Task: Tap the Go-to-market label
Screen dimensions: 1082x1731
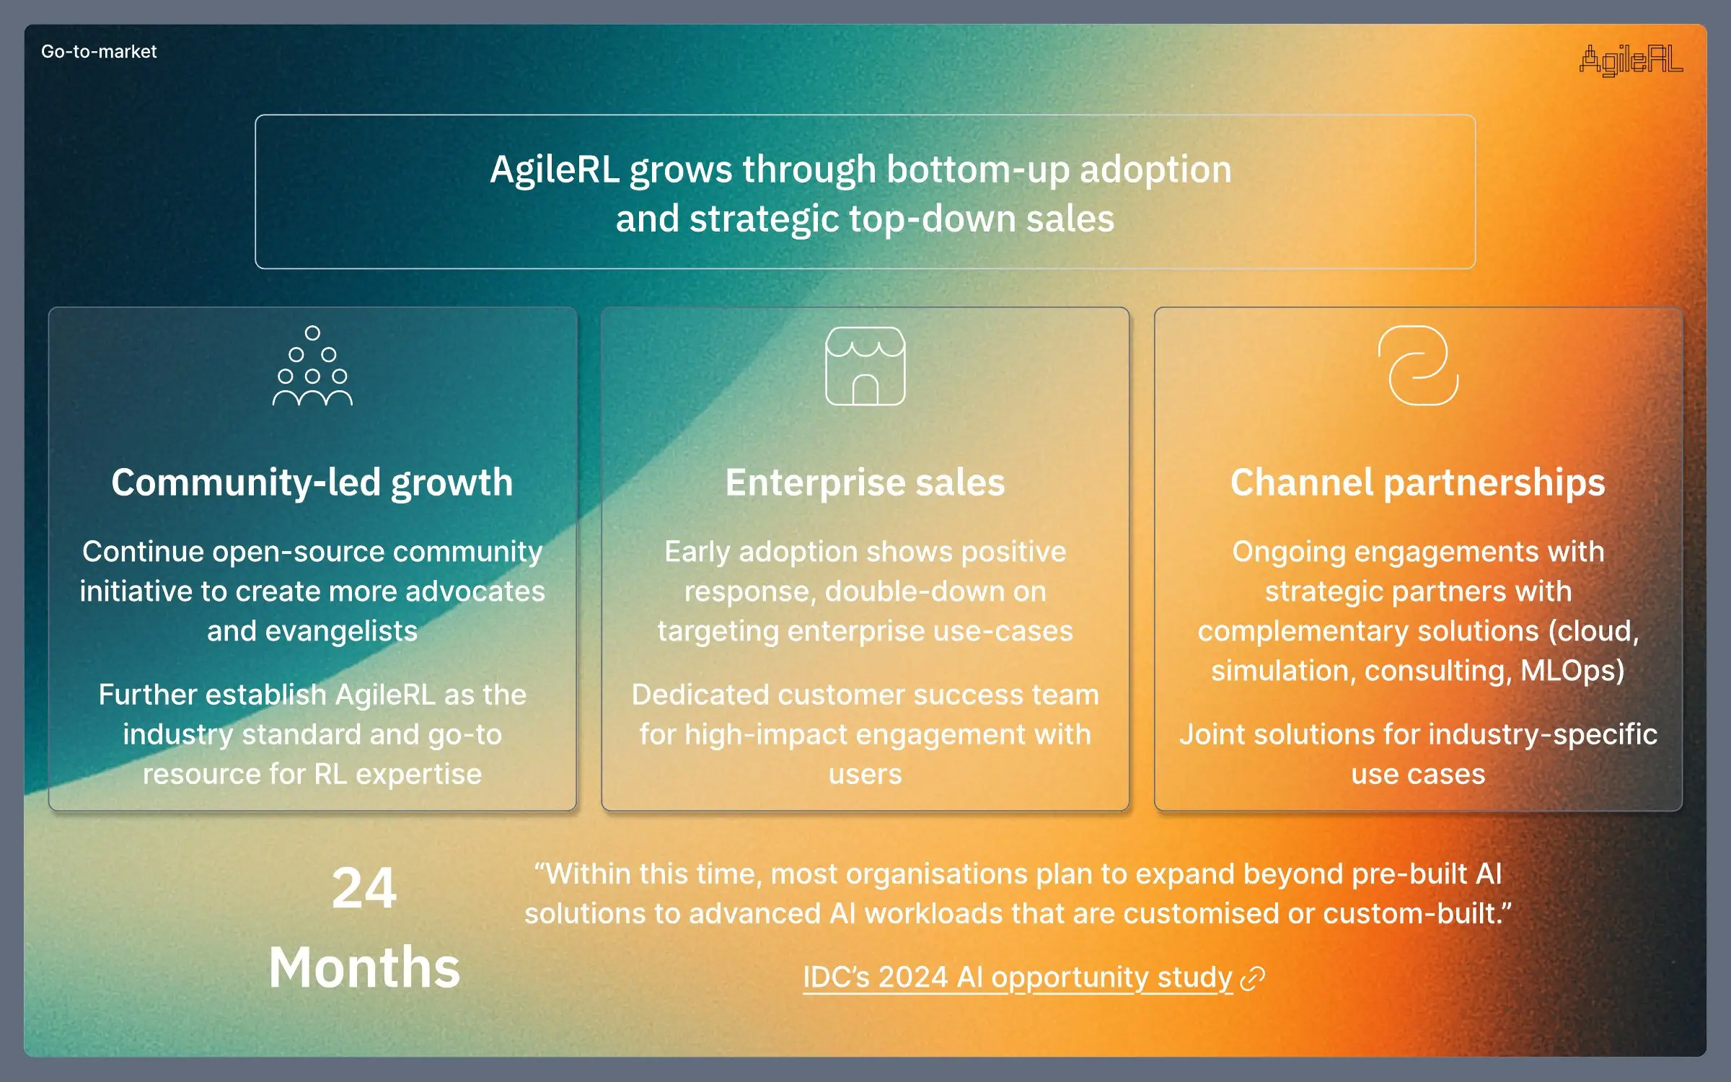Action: pyautogui.click(x=99, y=52)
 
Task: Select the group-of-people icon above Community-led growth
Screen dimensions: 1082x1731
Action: pyautogui.click(x=312, y=366)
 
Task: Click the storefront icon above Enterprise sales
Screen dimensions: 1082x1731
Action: pyautogui.click(x=865, y=366)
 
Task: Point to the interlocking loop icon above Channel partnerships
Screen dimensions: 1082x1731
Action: pyautogui.click(x=1418, y=366)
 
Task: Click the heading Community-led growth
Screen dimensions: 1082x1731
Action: pyautogui.click(x=312, y=483)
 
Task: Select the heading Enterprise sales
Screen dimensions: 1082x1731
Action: pyautogui.click(x=865, y=483)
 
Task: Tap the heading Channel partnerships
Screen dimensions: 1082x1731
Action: pyautogui.click(x=1418, y=483)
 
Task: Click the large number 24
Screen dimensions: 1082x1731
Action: pyautogui.click(x=364, y=888)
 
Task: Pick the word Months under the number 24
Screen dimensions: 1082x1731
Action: pyautogui.click(x=364, y=967)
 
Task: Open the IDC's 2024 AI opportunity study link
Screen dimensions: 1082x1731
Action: pyautogui.click(x=1017, y=977)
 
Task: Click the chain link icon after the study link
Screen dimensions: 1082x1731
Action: pyautogui.click(x=1253, y=979)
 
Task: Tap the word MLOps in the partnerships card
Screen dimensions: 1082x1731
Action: pyautogui.click(x=1572, y=671)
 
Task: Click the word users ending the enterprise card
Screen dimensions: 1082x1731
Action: pyautogui.click(x=865, y=774)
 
